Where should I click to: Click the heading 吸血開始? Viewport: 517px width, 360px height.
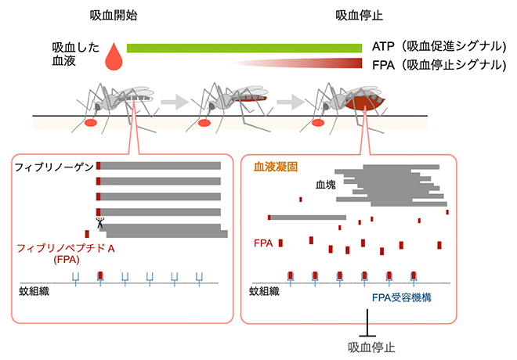(113, 15)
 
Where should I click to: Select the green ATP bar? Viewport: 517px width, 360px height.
(247, 47)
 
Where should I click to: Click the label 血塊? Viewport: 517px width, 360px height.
(326, 187)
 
